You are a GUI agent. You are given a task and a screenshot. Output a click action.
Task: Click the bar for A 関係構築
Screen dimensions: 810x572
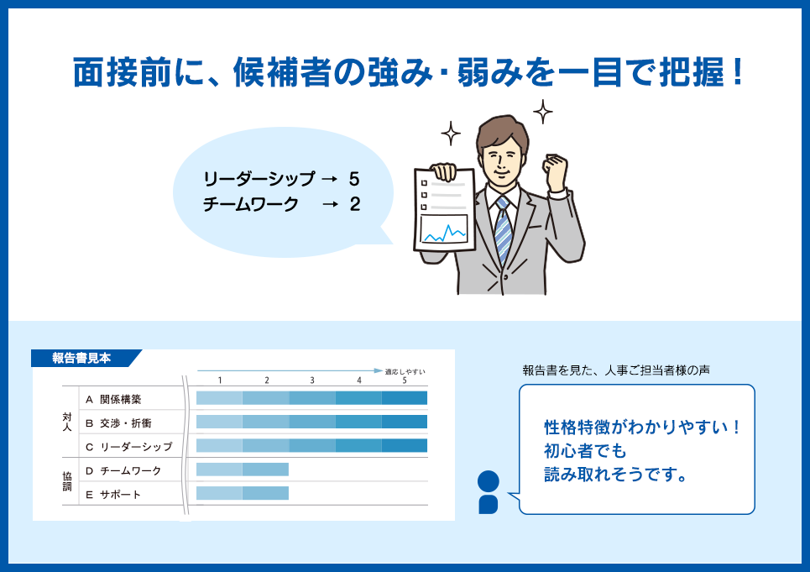point(311,398)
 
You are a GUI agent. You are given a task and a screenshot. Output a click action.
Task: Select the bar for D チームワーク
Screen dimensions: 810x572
point(243,470)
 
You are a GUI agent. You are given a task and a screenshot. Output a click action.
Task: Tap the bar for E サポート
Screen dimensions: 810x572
point(243,493)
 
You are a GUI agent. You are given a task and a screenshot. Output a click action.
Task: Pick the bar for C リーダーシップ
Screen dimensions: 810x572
point(311,445)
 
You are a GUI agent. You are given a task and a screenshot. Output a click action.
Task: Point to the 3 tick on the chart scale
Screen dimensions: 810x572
point(312,380)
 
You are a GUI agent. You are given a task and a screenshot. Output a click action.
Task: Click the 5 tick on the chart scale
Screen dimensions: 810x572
point(405,380)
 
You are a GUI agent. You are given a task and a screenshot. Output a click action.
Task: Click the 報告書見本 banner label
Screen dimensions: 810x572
point(81,358)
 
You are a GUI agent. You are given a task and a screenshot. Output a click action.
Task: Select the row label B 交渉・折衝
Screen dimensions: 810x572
point(118,423)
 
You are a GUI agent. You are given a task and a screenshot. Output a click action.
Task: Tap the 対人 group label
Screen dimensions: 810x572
point(67,422)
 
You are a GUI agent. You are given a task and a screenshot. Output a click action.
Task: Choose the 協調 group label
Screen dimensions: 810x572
point(67,481)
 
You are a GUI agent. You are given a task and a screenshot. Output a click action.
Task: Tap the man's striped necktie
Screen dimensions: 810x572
point(503,230)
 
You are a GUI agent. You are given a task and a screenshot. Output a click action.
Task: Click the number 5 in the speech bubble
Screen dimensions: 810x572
point(354,179)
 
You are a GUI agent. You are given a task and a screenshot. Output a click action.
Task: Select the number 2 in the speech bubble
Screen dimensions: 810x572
point(354,204)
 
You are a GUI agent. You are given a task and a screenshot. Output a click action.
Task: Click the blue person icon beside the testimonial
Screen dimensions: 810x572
point(489,492)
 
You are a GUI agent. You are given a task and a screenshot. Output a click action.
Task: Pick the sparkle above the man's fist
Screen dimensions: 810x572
point(542,112)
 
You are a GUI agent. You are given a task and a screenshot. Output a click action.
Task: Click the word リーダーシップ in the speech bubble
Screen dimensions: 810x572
point(259,179)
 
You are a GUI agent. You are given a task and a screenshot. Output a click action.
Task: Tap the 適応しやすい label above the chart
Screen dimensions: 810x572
point(405,371)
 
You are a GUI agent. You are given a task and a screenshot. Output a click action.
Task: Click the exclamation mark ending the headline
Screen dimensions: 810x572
point(737,71)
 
